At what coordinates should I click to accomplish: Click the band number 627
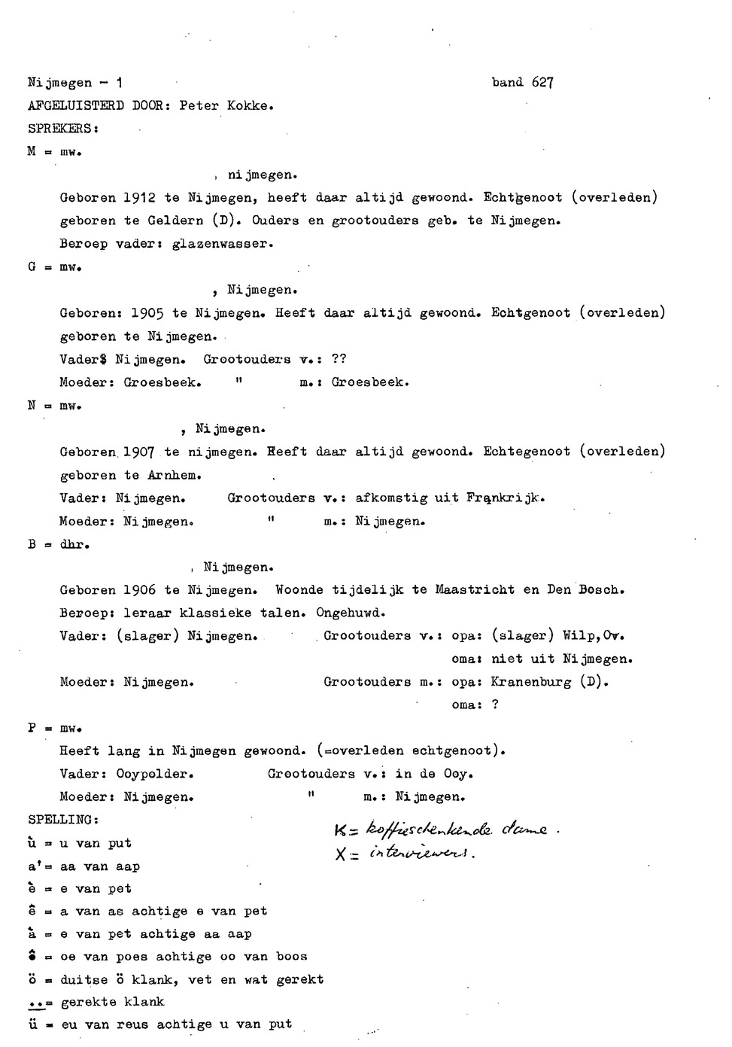point(542,83)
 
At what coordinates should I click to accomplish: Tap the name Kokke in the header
point(249,106)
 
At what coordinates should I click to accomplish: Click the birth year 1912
point(139,198)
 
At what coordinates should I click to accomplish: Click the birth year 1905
point(147,313)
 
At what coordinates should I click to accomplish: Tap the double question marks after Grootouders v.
point(339,359)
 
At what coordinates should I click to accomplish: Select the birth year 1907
point(140,452)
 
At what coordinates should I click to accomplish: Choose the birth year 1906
point(139,591)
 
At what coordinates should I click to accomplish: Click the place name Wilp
point(581,636)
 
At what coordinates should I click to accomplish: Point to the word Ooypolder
point(155,775)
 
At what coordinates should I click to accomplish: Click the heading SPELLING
point(62,820)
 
